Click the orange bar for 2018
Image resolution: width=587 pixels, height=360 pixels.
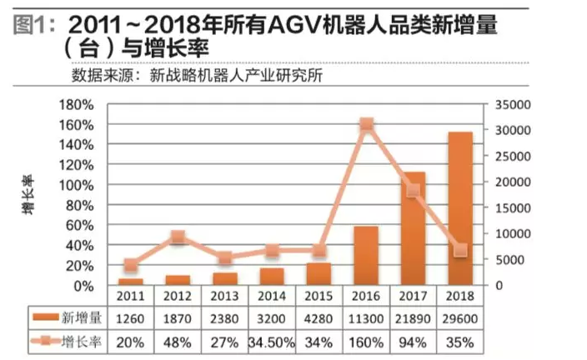point(460,208)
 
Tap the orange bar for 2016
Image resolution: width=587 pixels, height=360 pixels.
point(366,255)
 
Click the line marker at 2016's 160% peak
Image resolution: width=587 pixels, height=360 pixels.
point(366,124)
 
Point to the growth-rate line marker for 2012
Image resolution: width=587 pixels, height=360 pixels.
point(177,237)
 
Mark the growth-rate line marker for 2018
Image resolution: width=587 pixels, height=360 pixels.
point(460,250)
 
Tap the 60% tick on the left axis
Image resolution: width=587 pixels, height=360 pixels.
point(82,225)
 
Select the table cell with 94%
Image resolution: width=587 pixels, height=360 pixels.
point(414,342)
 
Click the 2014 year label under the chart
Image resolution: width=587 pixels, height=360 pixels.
point(272,296)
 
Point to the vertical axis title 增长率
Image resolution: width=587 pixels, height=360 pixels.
point(28,195)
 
